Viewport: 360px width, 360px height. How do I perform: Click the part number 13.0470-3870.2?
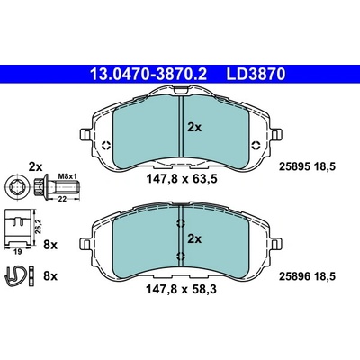[148, 74]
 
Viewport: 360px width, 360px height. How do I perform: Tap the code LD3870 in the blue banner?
[256, 74]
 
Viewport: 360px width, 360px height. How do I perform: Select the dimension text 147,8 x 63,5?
[182, 179]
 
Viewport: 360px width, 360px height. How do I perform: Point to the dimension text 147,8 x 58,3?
[181, 290]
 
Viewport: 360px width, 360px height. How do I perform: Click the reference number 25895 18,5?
[307, 166]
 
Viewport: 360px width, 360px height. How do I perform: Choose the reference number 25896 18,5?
[307, 276]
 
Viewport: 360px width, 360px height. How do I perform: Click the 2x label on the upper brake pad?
[194, 128]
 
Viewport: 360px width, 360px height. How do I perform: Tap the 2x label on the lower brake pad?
[194, 239]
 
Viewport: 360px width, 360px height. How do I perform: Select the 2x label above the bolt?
[36, 166]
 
